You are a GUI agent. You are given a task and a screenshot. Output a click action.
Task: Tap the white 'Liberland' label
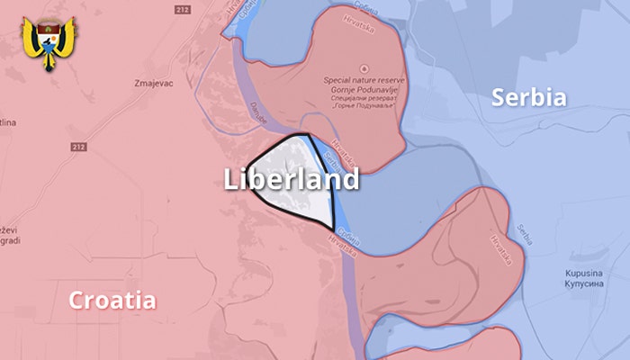coord(291,179)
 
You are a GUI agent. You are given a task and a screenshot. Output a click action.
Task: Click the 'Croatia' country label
coord(112,301)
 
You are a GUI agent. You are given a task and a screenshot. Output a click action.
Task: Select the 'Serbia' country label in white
coord(528,97)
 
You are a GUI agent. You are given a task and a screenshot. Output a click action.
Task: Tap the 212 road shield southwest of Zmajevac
coord(78,146)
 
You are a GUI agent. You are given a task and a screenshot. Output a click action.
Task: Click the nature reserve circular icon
coord(363,68)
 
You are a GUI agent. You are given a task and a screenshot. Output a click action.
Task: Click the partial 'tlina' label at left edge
coord(7,122)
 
